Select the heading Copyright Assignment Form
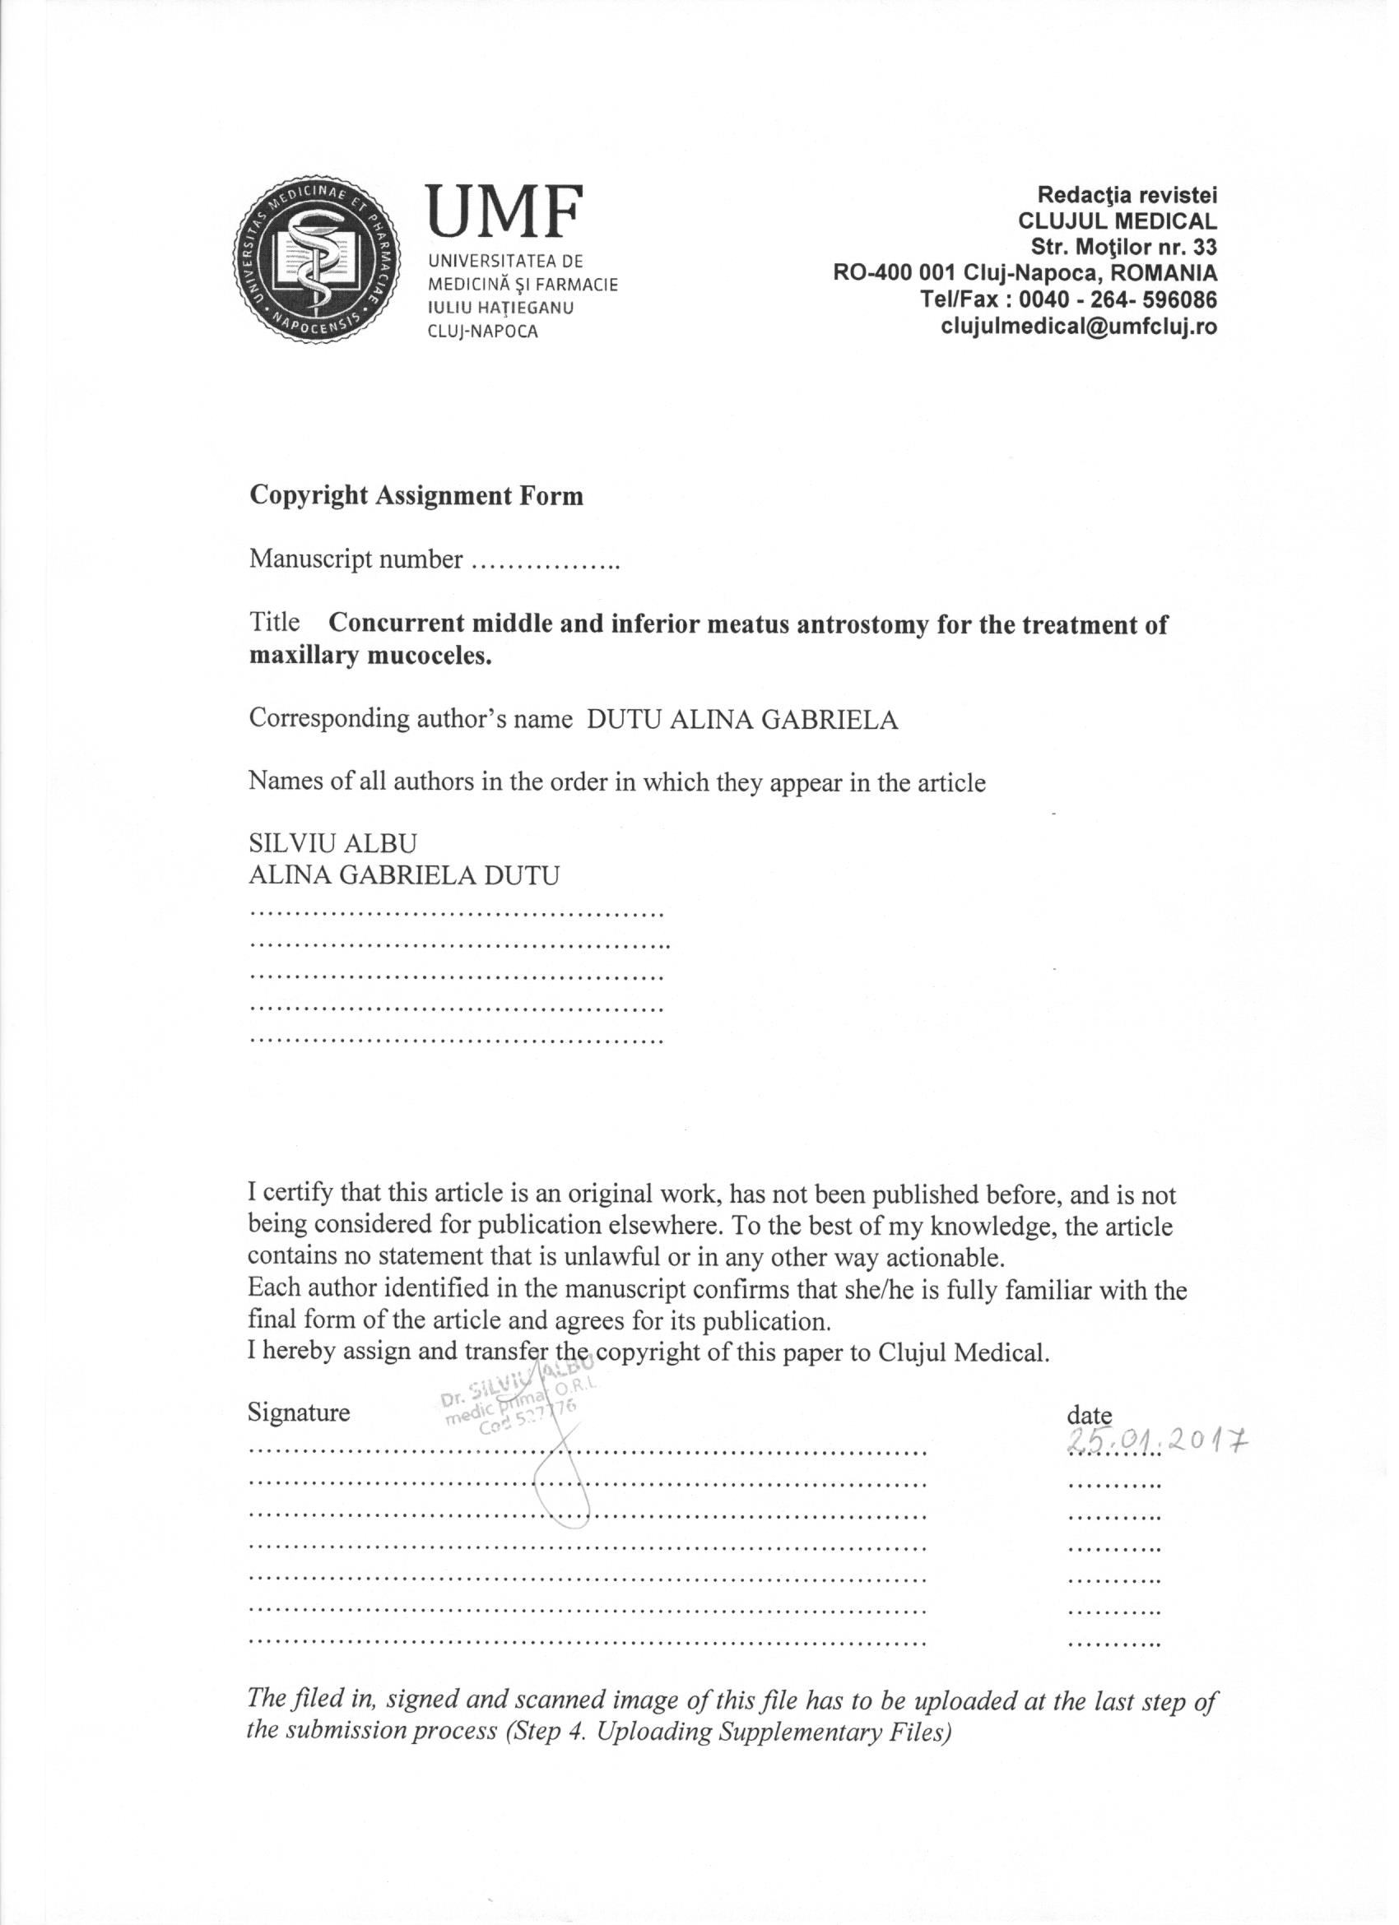[416, 497]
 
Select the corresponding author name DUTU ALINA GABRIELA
[743, 720]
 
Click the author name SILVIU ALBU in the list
[332, 843]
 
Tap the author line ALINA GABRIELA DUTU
[404, 875]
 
